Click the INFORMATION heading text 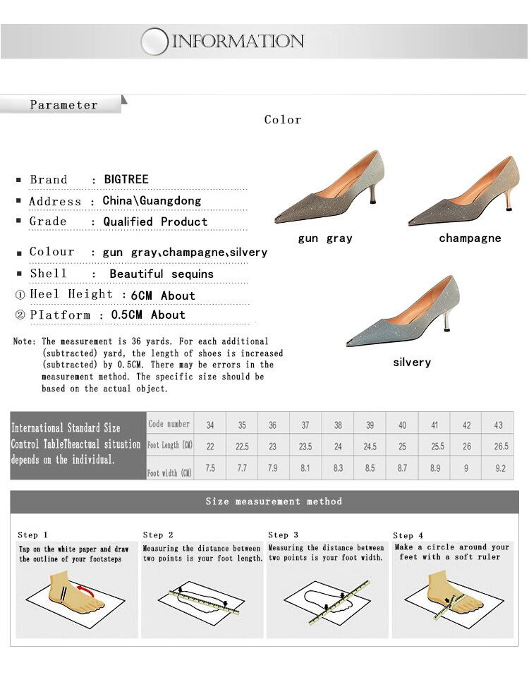[x=238, y=41]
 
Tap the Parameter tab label [x=63, y=105]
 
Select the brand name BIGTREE [x=126, y=179]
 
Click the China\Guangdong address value [x=152, y=200]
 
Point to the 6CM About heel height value [x=163, y=295]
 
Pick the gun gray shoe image [x=329, y=188]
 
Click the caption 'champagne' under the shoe [x=470, y=238]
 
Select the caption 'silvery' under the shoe [x=412, y=362]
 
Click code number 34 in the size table [x=210, y=425]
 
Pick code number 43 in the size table [x=499, y=425]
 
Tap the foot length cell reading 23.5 [x=306, y=446]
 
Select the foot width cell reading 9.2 [x=500, y=468]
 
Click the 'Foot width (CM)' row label [x=170, y=473]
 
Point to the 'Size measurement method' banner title [x=274, y=501]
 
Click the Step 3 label [x=283, y=535]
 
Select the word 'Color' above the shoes [x=283, y=120]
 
